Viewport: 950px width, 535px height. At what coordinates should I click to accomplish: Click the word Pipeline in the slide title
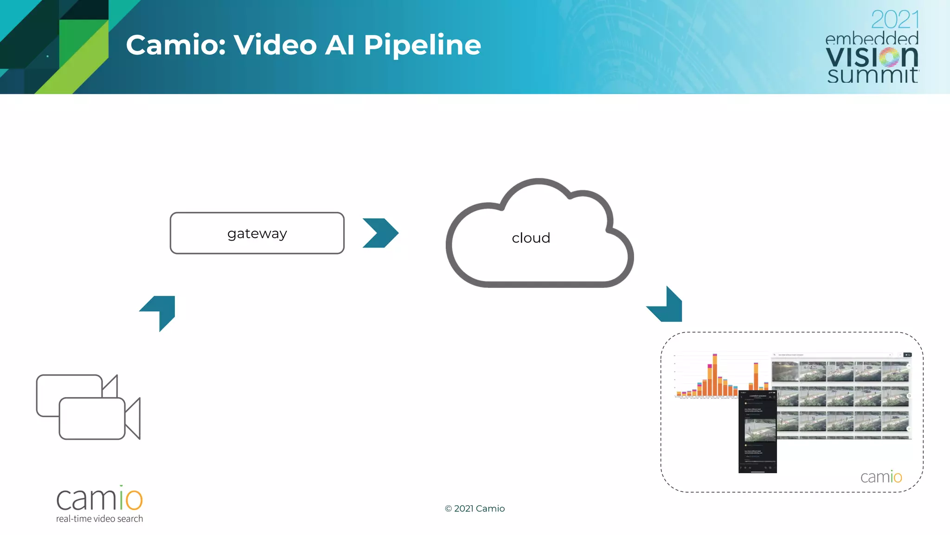point(422,46)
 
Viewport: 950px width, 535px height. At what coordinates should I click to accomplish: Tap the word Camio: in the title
point(176,45)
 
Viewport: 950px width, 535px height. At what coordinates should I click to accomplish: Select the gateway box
point(257,233)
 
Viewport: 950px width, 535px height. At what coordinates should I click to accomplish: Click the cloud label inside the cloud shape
point(531,238)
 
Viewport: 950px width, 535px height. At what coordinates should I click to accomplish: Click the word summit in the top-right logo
point(872,75)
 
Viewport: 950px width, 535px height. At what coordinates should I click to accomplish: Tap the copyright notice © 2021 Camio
point(475,509)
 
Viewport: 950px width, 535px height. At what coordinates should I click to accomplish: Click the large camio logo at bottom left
point(99,499)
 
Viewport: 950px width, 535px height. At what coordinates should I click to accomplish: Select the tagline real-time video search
point(99,519)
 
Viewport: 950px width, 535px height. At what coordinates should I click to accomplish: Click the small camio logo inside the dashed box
point(881,477)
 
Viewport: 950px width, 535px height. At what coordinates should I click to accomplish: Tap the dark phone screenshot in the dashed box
point(757,432)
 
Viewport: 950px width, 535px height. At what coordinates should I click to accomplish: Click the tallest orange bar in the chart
point(715,376)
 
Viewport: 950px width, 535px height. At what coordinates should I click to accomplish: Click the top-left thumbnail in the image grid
point(785,372)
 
